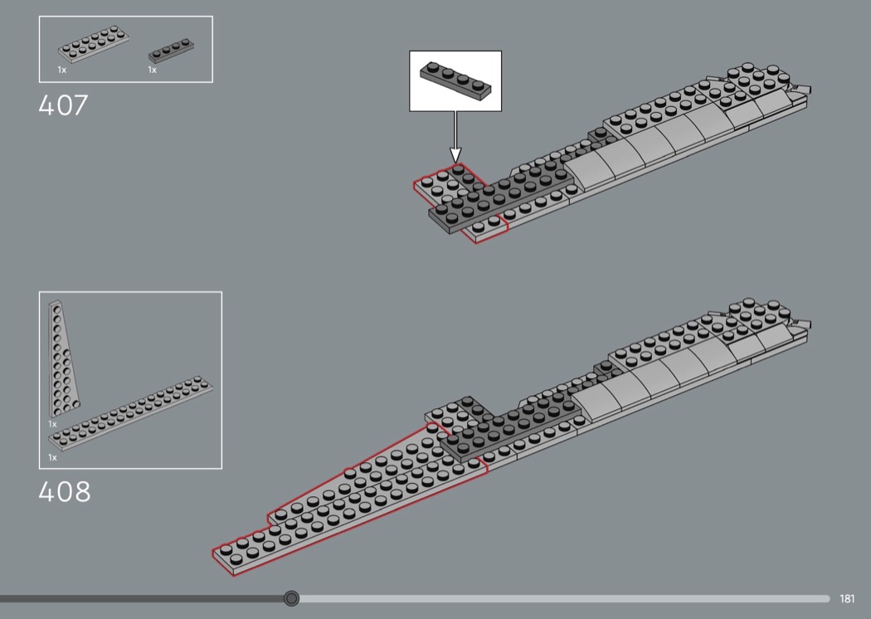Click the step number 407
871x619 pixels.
(63, 105)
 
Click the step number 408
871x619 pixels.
(65, 492)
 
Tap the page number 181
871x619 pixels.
(847, 598)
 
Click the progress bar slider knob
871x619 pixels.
(291, 598)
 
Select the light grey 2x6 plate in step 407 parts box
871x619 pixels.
(93, 43)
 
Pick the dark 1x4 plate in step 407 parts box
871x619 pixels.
(171, 50)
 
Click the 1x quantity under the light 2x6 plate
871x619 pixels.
(61, 70)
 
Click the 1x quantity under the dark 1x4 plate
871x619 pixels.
(152, 70)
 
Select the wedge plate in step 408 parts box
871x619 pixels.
(63, 358)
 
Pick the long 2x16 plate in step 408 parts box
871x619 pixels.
(130, 412)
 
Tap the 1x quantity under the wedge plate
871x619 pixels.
(52, 424)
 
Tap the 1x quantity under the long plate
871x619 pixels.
(52, 457)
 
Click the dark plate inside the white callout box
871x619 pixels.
(455, 81)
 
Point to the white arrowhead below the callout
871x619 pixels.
(455, 155)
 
